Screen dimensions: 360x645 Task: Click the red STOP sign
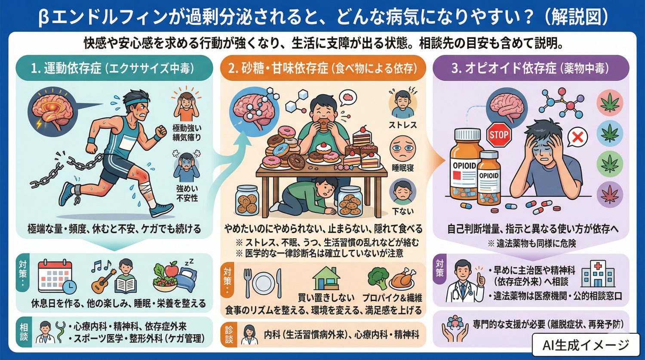click(499, 135)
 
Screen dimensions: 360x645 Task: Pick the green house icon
click(326, 279)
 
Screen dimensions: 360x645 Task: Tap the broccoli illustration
click(378, 277)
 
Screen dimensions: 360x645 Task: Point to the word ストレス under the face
click(402, 125)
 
